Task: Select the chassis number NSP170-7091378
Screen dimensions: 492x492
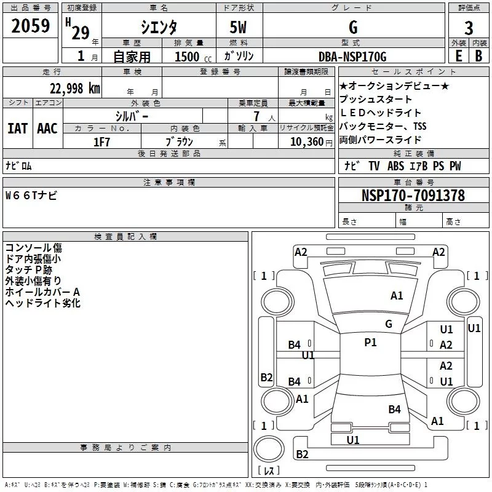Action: (413, 196)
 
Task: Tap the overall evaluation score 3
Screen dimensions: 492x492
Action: (469, 28)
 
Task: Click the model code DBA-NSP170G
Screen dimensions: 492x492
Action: (352, 57)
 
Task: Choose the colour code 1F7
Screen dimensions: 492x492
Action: (101, 142)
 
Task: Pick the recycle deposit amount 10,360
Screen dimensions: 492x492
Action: (303, 142)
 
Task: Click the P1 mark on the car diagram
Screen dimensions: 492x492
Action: (370, 343)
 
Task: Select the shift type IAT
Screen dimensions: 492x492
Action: (17, 128)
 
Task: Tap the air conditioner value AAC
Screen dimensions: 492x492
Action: (47, 128)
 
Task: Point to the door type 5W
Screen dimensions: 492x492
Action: (239, 27)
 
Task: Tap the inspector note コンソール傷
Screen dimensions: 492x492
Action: (33, 248)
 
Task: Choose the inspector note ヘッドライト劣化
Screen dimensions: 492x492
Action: (42, 303)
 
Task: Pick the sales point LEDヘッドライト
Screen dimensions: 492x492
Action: (380, 113)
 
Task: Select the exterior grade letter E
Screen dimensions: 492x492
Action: (458, 57)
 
